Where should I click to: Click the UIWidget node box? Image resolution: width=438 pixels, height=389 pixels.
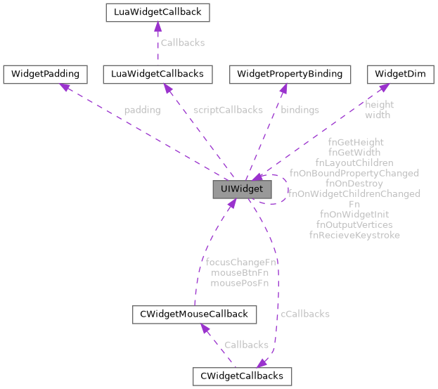pyautogui.click(x=241, y=190)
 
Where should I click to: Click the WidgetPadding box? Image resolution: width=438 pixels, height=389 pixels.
pyautogui.click(x=46, y=73)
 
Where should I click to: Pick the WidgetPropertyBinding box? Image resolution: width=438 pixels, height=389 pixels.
pyautogui.click(x=290, y=73)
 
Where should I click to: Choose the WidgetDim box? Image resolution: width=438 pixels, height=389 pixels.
pyautogui.click(x=395, y=73)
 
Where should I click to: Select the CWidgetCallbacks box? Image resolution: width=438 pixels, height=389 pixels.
pyautogui.click(x=242, y=376)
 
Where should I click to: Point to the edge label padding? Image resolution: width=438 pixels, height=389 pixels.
pyautogui.click(x=141, y=110)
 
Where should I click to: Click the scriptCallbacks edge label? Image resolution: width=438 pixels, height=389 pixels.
pyautogui.click(x=227, y=110)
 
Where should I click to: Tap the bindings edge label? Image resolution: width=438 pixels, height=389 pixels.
pyautogui.click(x=299, y=110)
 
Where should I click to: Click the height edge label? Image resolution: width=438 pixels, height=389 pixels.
pyautogui.click(x=380, y=105)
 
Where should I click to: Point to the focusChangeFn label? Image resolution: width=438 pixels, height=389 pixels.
pyautogui.click(x=240, y=262)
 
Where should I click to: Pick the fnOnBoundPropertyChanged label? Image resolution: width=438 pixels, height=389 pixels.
pyautogui.click(x=354, y=172)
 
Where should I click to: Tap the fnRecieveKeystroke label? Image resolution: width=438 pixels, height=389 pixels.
pyautogui.click(x=354, y=234)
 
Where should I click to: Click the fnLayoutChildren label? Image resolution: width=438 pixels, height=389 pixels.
pyautogui.click(x=354, y=162)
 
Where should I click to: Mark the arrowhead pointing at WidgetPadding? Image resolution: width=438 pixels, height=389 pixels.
pyautogui.click(x=65, y=87)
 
